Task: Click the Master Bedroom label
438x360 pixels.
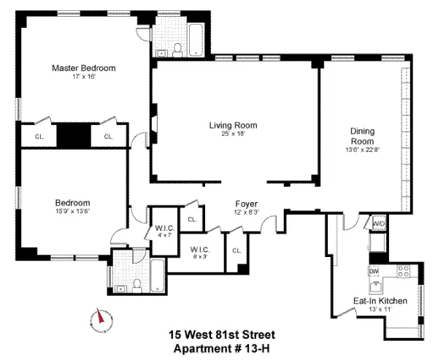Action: [x=83, y=68]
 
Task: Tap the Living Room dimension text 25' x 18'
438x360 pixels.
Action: [x=234, y=134]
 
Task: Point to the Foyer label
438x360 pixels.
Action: [x=245, y=203]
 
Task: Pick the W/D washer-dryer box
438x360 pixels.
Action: [x=379, y=223]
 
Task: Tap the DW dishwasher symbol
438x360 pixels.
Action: [x=374, y=272]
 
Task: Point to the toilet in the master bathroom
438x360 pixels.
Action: [x=177, y=49]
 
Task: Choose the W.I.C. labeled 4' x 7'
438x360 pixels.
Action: [x=162, y=231]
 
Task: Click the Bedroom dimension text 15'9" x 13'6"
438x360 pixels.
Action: [x=72, y=212]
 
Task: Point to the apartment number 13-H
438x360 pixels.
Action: [x=259, y=348]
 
